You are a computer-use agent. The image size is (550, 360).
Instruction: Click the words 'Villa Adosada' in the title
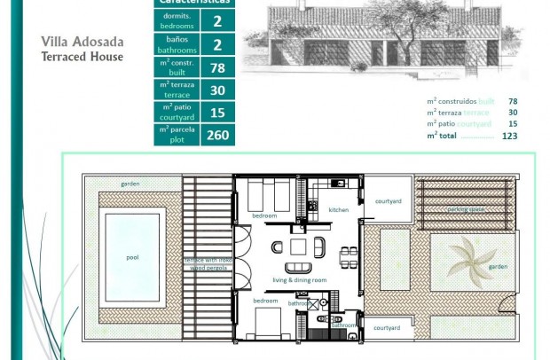pos(82,42)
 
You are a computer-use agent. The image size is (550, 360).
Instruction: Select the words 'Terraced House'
pos(82,57)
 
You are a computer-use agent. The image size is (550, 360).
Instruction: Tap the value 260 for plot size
pos(217,135)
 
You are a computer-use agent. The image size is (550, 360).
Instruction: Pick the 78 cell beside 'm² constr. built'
pos(217,67)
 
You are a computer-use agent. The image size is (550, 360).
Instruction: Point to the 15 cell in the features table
pos(217,112)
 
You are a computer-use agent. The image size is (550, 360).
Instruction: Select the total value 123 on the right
pos(509,136)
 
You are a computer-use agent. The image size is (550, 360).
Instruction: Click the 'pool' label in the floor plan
pos(132,258)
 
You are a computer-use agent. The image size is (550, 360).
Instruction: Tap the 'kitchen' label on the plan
pos(339,210)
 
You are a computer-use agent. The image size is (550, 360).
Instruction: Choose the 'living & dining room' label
pos(299,280)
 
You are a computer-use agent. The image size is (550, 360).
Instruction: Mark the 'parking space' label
pos(465,209)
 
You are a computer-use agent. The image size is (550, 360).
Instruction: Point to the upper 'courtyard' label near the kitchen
pos(388,201)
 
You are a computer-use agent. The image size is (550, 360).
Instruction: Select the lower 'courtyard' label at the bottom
pos(386,327)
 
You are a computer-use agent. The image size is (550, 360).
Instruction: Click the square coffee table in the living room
pos(298,247)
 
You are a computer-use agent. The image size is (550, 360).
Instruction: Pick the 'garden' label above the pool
pos(131,184)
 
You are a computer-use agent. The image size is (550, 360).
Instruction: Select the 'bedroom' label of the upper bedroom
pos(263,215)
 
